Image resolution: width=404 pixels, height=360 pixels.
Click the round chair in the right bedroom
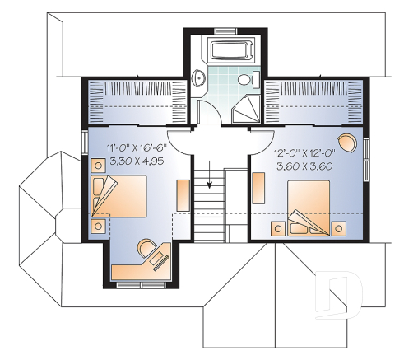349,142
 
